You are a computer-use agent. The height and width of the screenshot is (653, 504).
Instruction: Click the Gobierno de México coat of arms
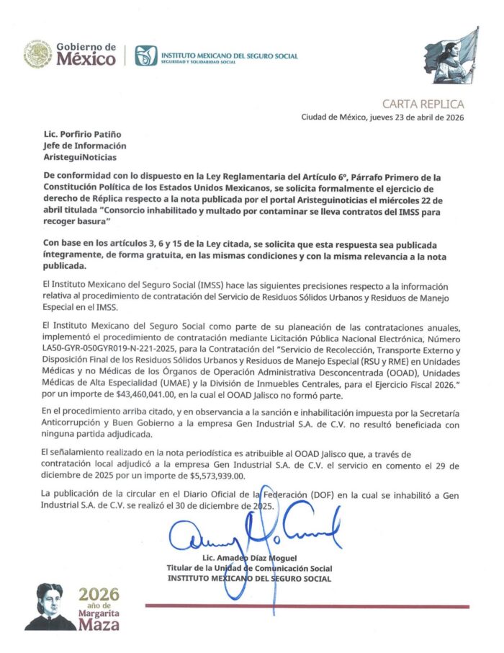click(x=37, y=54)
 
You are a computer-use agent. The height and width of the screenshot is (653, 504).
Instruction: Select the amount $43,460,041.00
click(x=153, y=396)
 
